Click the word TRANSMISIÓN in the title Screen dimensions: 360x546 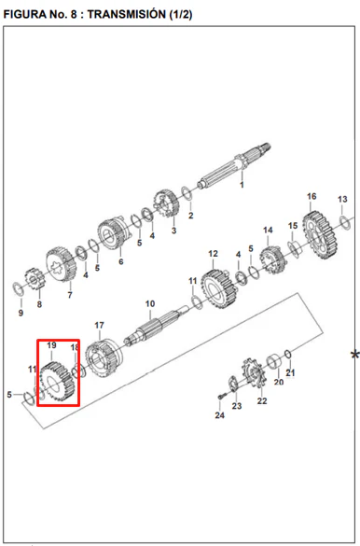point(126,14)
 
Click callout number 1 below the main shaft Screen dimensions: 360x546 point(242,185)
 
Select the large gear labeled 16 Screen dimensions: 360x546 point(320,235)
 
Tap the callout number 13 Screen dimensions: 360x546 point(342,199)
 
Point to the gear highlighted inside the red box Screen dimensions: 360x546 point(58,383)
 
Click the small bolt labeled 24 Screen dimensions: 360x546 point(222,397)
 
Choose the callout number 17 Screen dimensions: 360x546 point(99,325)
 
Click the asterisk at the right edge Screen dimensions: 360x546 point(354,356)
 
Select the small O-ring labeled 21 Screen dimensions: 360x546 point(287,354)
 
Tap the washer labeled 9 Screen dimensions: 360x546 point(18,289)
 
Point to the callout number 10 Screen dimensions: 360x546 point(150,303)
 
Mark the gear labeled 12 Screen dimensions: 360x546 point(219,288)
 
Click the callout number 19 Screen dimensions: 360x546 point(51,345)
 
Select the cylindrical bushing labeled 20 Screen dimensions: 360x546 point(274,362)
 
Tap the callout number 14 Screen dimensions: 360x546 point(268,231)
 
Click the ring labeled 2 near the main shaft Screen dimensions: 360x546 point(187,193)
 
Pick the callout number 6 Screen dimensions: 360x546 point(120,261)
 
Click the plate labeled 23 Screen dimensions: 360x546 point(233,384)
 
